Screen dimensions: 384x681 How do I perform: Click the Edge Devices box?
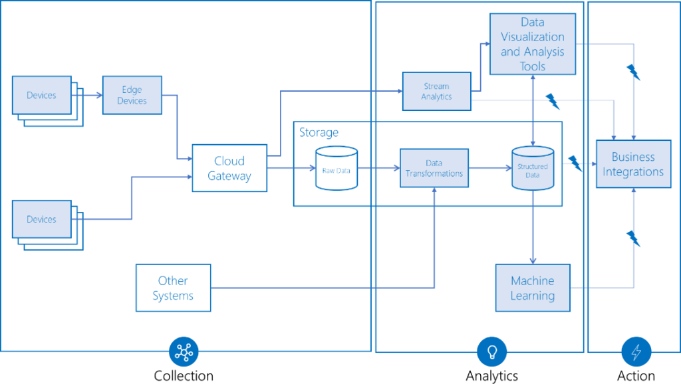pyautogui.click(x=132, y=95)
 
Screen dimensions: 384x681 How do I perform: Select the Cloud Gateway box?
pyautogui.click(x=229, y=168)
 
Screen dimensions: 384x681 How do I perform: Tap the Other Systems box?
pyautogui.click(x=173, y=288)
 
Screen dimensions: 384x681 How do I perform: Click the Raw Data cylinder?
pyautogui.click(x=336, y=169)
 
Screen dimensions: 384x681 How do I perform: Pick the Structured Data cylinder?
pyautogui.click(x=533, y=169)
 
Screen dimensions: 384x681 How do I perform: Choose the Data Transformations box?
pyautogui.click(x=434, y=168)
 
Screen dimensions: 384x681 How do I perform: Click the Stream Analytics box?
pyautogui.click(x=436, y=92)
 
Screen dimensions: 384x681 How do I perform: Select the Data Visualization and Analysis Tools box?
pyautogui.click(x=532, y=45)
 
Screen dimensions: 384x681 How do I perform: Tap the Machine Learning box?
pyautogui.click(x=533, y=288)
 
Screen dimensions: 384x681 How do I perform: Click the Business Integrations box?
pyautogui.click(x=633, y=164)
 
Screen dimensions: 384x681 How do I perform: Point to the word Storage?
pyautogui.click(x=319, y=133)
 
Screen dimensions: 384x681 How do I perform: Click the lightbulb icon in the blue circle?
pyautogui.click(x=492, y=351)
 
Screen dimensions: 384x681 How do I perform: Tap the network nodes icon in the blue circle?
pyautogui.click(x=184, y=352)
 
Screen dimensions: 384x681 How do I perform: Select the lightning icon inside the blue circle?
pyautogui.click(x=636, y=352)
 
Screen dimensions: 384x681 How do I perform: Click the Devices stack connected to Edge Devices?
pyautogui.click(x=42, y=96)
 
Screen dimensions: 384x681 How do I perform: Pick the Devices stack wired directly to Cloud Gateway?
pyautogui.click(x=42, y=219)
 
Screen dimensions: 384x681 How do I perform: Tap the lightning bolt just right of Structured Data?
pyautogui.click(x=575, y=163)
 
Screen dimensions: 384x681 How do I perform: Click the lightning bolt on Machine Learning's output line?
pyautogui.click(x=634, y=238)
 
